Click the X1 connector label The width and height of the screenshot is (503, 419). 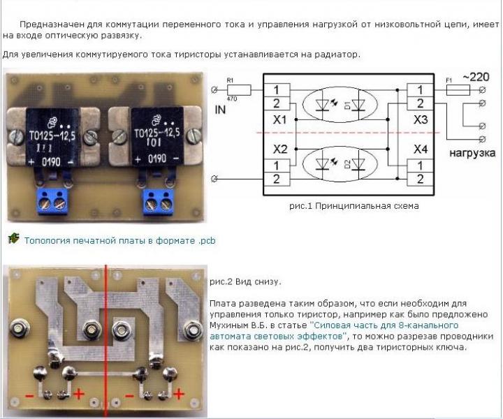click(x=280, y=120)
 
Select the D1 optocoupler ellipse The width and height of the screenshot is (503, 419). click(x=340, y=105)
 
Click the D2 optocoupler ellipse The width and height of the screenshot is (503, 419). click(x=340, y=165)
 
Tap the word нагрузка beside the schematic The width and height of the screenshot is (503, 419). click(x=472, y=152)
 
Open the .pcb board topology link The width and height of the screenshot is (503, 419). click(x=119, y=241)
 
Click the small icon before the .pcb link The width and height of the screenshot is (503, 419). click(x=13, y=240)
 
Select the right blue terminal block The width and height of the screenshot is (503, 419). click(x=159, y=200)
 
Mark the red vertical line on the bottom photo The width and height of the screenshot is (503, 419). click(x=106, y=335)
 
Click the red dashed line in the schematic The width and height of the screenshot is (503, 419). click(x=349, y=132)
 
